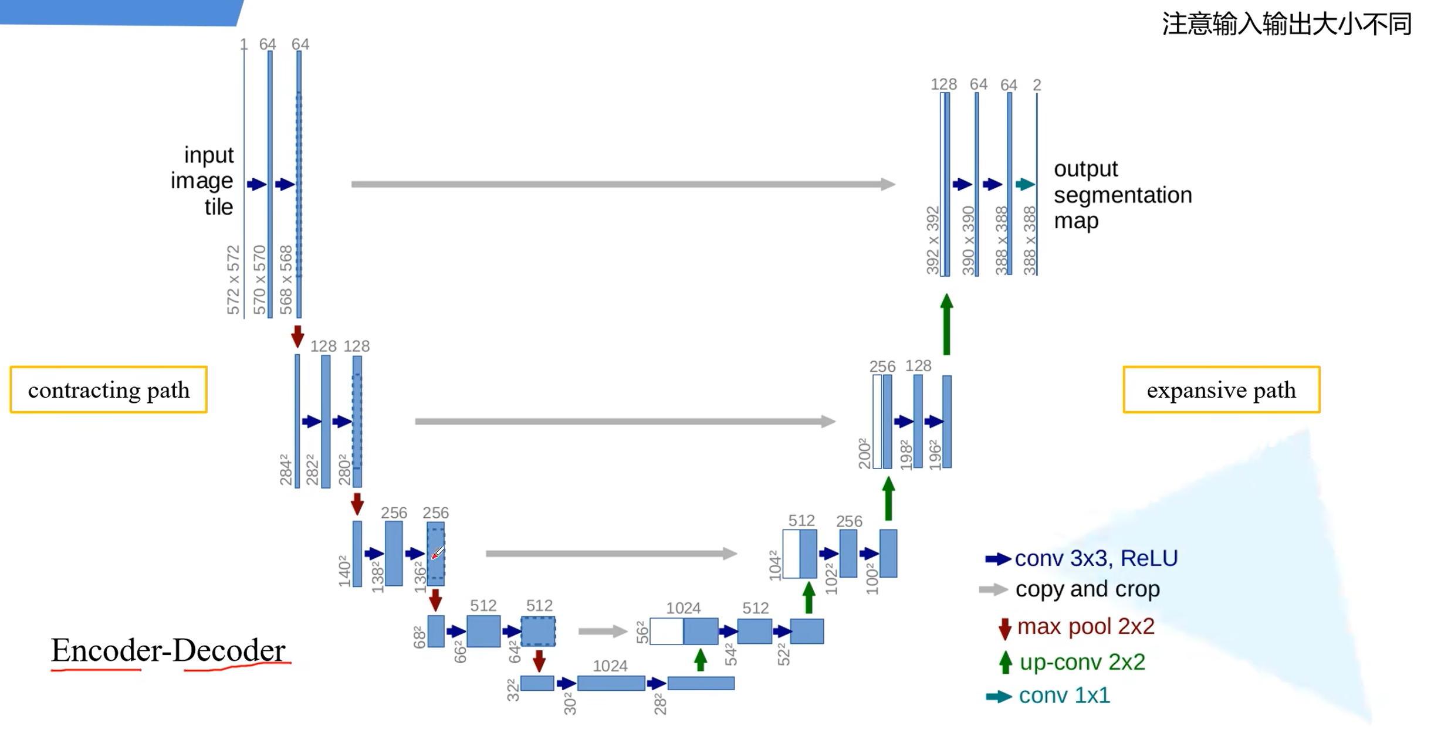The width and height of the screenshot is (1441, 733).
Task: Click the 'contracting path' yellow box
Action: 109,390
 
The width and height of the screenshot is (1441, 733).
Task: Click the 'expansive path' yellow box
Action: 1221,390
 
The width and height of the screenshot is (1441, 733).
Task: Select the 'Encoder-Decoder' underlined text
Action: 168,650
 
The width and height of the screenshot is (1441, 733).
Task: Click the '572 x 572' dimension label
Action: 234,280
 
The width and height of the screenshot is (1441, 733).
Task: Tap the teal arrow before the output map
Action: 1025,185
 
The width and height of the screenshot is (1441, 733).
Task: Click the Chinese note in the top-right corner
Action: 1286,24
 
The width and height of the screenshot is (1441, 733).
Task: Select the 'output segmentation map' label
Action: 1122,195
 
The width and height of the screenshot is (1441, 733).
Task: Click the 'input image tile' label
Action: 202,181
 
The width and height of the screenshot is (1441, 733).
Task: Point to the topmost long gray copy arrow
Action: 622,184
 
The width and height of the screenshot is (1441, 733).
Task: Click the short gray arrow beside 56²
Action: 602,631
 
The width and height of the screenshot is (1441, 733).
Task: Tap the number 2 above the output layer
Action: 1037,85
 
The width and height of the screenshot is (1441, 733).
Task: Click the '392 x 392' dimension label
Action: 933,240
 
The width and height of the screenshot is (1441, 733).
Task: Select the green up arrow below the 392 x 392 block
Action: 946,324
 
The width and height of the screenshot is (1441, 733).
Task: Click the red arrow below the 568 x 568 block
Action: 297,337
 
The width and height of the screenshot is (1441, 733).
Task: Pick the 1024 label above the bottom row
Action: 610,666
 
